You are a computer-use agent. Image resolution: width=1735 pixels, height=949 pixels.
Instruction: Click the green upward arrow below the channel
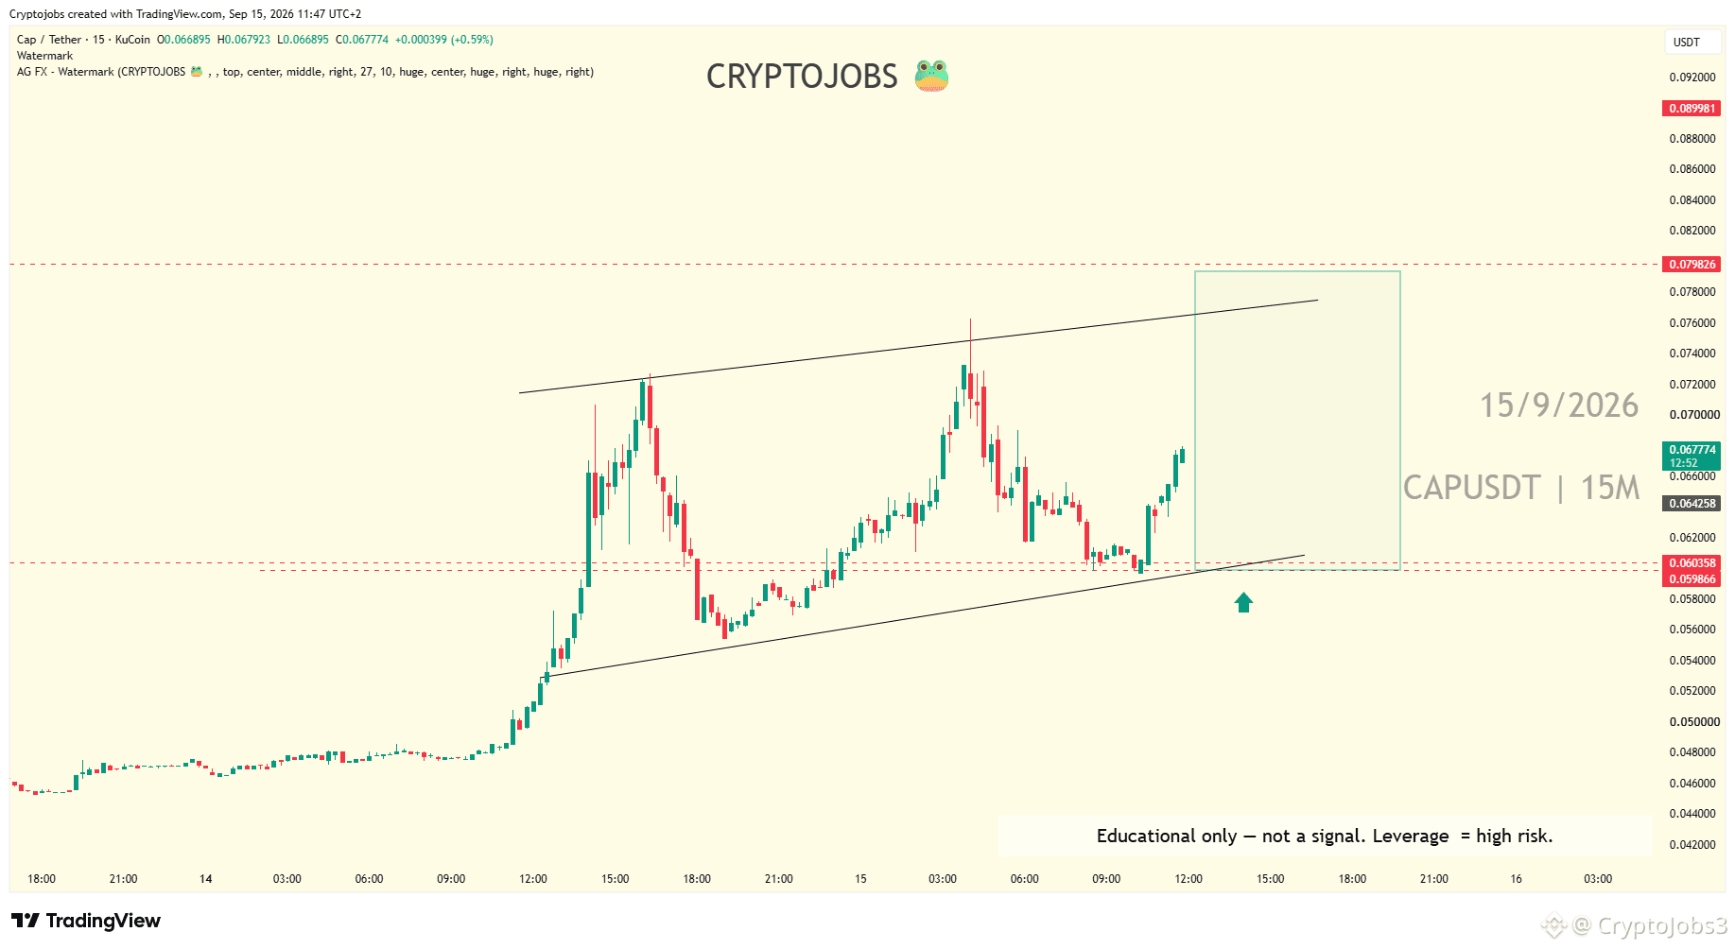[x=1243, y=602]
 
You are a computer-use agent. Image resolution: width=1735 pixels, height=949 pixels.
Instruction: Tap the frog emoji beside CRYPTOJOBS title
[x=931, y=76]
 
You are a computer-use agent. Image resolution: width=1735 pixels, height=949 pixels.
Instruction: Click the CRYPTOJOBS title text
[x=802, y=77]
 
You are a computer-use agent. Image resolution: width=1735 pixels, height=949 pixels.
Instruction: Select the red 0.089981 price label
[x=1692, y=109]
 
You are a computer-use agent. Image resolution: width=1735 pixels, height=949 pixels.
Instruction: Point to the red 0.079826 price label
[x=1692, y=265]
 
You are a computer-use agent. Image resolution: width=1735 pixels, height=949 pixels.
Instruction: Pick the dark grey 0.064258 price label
[x=1692, y=504]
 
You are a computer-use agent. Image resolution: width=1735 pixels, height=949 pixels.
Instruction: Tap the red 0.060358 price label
[x=1692, y=563]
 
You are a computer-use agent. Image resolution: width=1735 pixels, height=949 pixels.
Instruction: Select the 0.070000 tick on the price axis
[x=1694, y=415]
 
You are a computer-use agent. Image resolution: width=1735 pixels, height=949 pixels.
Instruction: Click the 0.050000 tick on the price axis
[x=1694, y=722]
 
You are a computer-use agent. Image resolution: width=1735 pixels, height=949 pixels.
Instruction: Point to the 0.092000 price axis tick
[x=1692, y=78]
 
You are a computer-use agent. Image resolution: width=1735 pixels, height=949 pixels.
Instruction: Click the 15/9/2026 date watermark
[x=1559, y=405]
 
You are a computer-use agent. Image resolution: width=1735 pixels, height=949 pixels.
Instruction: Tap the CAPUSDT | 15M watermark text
[x=1521, y=488]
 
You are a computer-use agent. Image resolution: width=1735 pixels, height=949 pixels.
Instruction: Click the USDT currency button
[x=1687, y=43]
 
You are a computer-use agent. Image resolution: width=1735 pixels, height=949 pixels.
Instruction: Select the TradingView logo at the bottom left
[x=86, y=921]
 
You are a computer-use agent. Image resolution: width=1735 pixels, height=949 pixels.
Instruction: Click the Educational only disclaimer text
[x=1325, y=836]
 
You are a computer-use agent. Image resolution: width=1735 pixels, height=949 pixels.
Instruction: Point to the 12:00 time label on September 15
[x=1188, y=879]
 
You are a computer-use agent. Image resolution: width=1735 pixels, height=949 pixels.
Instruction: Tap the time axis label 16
[x=1516, y=879]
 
